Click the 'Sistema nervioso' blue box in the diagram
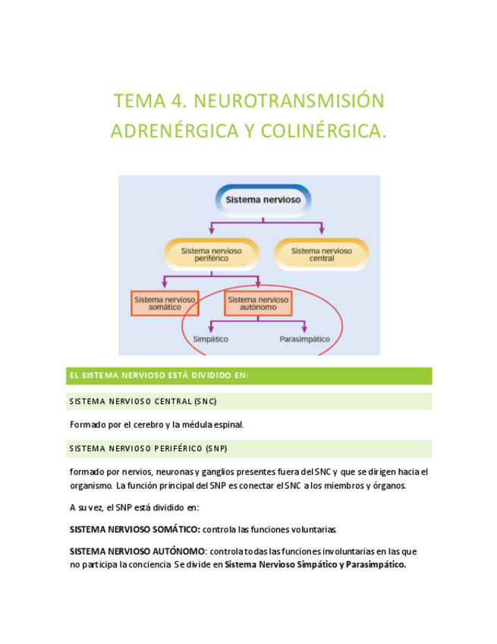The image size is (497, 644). pos(263,200)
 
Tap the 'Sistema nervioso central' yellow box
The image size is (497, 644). pos(321,254)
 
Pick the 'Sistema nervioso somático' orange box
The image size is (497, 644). pos(164,303)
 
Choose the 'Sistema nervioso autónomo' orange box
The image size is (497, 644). pos(258,303)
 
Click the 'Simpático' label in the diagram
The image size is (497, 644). pos(211,339)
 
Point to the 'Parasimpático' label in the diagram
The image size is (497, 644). pos(305,339)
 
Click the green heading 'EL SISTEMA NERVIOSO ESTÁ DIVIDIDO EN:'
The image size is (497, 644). pos(159,376)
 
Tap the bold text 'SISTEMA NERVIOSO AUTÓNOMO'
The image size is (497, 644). pos(137,551)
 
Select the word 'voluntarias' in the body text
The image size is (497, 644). pos(313,529)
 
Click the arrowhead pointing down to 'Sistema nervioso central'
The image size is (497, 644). pos(322,230)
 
